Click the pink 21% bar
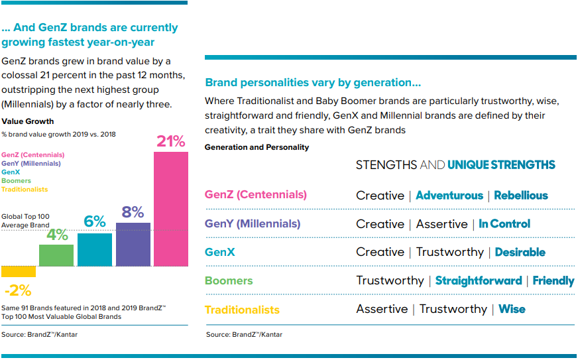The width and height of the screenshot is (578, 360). (x=171, y=209)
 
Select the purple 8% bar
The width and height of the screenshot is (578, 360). (x=133, y=244)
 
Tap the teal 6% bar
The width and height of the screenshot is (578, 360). (x=95, y=249)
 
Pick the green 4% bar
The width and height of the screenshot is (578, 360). (x=56, y=255)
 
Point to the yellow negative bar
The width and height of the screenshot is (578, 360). (x=18, y=271)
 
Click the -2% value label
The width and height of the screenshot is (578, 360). (x=17, y=290)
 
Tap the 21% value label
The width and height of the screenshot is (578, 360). (x=171, y=141)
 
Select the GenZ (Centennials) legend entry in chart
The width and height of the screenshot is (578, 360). (x=32, y=154)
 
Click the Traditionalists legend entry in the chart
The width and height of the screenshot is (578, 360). (x=25, y=190)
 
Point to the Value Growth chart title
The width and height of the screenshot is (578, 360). (x=28, y=121)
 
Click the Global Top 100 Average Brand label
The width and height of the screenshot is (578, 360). (x=25, y=221)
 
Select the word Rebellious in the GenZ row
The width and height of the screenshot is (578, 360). (x=521, y=196)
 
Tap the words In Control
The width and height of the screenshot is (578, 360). (x=504, y=224)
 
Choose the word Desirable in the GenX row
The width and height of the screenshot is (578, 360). (x=520, y=253)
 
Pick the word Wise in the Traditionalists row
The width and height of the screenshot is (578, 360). (x=512, y=309)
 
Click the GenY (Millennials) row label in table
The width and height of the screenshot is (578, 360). (x=253, y=224)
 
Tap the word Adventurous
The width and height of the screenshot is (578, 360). (x=449, y=196)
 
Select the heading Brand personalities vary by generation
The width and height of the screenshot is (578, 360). (x=313, y=83)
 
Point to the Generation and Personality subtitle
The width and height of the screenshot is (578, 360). (x=257, y=147)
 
